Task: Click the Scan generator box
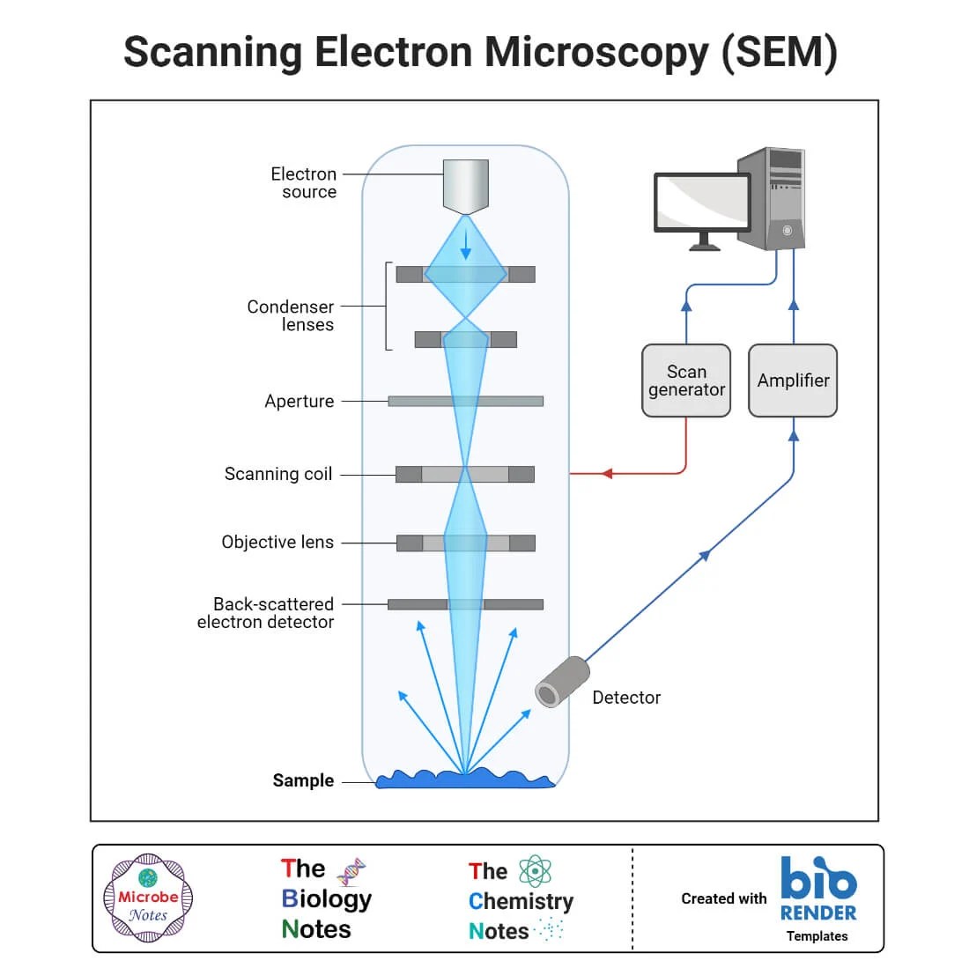pyautogui.click(x=686, y=381)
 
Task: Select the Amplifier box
pyautogui.click(x=793, y=381)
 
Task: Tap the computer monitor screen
pyautogui.click(x=702, y=203)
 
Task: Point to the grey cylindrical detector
pyautogui.click(x=562, y=682)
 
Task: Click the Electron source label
pyautogui.click(x=304, y=183)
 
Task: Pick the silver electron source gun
pyautogui.click(x=465, y=186)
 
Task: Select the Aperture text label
pyautogui.click(x=300, y=402)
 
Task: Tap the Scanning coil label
pyautogui.click(x=278, y=474)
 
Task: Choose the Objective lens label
pyautogui.click(x=277, y=543)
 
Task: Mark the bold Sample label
pyautogui.click(x=303, y=780)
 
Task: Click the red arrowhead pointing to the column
pyautogui.click(x=606, y=474)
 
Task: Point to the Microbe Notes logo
pyautogui.click(x=148, y=898)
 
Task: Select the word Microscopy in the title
pyautogui.click(x=597, y=52)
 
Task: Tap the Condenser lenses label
pyautogui.click(x=291, y=315)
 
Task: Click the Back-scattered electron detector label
pyautogui.click(x=266, y=613)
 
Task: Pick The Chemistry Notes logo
pyautogui.click(x=520, y=900)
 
